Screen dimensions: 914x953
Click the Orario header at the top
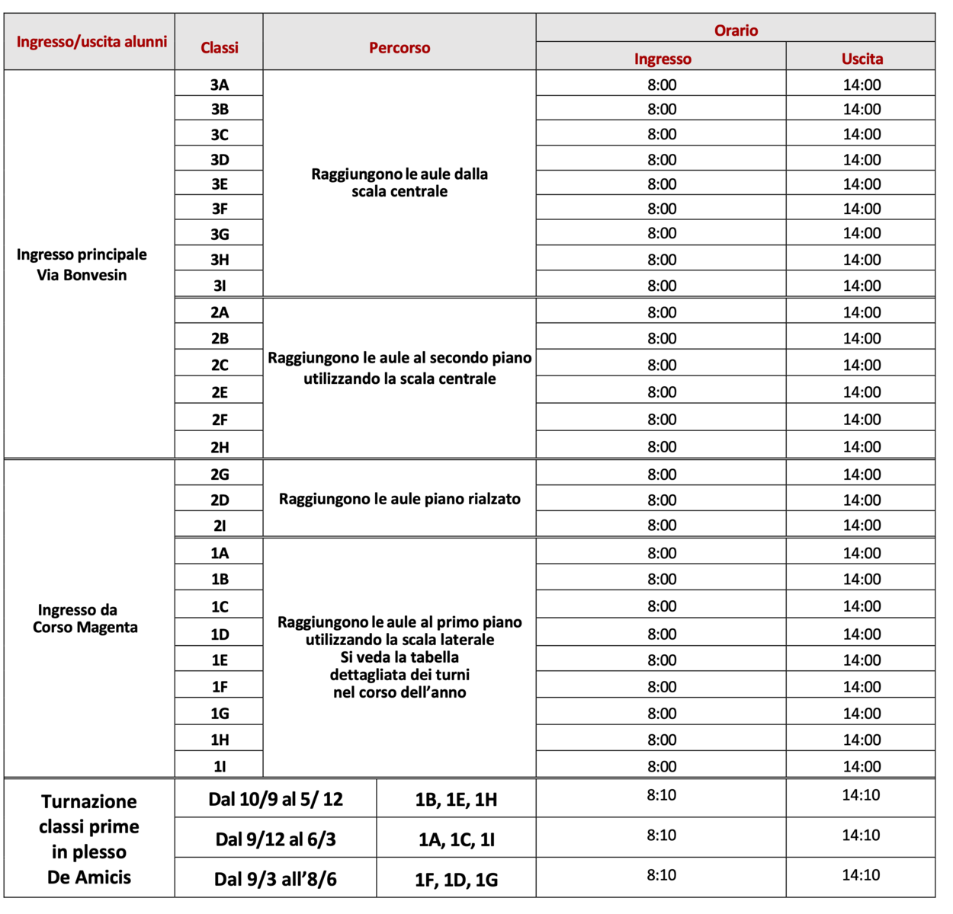[736, 30]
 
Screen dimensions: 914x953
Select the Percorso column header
[399, 47]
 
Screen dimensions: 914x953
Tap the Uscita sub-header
[862, 59]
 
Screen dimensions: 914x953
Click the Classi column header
[220, 47]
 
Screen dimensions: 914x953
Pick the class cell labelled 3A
[220, 85]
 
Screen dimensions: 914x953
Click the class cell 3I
[220, 286]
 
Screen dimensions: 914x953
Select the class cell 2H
[220, 447]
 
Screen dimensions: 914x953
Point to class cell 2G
[220, 475]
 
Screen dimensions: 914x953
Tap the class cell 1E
[220, 660]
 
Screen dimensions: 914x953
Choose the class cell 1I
[220, 766]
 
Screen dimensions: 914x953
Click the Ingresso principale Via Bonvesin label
[82, 264]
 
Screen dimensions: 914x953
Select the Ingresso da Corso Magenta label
[85, 618]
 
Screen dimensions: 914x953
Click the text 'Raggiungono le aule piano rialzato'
[399, 500]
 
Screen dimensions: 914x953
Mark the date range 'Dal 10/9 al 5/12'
[275, 799]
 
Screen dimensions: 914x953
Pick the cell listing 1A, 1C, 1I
[456, 839]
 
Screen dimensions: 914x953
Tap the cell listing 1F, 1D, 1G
[456, 880]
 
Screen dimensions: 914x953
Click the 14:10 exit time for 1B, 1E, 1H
[861, 795]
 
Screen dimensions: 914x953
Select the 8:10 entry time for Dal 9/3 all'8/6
[661, 875]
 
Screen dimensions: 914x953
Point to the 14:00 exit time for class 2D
[862, 500]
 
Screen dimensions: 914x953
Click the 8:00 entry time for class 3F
[662, 209]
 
